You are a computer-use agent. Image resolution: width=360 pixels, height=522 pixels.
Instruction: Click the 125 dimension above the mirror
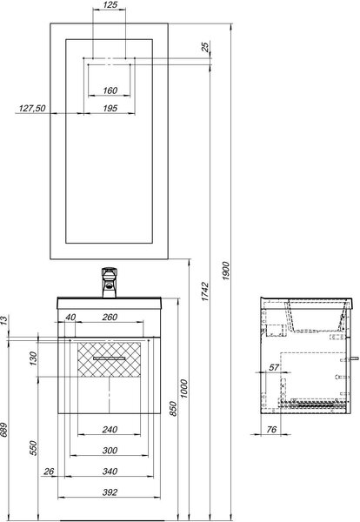[x=110, y=4]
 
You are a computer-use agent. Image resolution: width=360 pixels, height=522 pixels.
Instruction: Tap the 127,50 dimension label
[x=32, y=108]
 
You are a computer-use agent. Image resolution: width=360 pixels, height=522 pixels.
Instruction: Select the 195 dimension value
[x=110, y=108]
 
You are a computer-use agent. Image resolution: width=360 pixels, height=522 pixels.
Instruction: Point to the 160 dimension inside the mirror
[x=110, y=90]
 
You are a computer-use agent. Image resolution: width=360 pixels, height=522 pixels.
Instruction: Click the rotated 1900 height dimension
[x=225, y=271]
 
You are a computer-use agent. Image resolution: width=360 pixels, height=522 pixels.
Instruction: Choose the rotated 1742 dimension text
[x=205, y=291]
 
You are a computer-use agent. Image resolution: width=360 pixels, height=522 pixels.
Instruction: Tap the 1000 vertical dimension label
[x=183, y=389]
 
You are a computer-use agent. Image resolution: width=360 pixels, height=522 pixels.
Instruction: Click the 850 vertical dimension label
[x=173, y=409]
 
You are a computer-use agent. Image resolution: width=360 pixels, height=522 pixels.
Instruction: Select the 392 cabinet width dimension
[x=110, y=492]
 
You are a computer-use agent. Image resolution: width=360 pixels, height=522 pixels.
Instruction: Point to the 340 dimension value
[x=110, y=471]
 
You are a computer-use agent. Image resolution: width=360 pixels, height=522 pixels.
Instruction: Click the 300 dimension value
[x=110, y=450]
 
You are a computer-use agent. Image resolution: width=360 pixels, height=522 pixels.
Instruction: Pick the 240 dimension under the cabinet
[x=110, y=430]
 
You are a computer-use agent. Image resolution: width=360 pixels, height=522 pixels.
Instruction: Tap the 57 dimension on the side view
[x=274, y=367]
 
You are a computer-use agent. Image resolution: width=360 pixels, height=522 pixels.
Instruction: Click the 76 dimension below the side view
[x=271, y=430]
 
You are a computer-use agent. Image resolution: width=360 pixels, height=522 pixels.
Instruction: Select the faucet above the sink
[x=109, y=282]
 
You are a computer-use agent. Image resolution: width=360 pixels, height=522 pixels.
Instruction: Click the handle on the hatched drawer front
[x=110, y=358]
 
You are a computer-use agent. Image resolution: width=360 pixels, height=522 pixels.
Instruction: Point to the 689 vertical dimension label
[x=3, y=430]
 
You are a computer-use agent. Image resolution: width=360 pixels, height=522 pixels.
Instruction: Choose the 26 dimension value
[x=49, y=471]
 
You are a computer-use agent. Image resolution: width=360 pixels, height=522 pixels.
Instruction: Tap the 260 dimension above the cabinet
[x=110, y=317]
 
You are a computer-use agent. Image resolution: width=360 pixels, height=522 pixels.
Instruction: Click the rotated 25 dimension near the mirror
[x=205, y=47]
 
